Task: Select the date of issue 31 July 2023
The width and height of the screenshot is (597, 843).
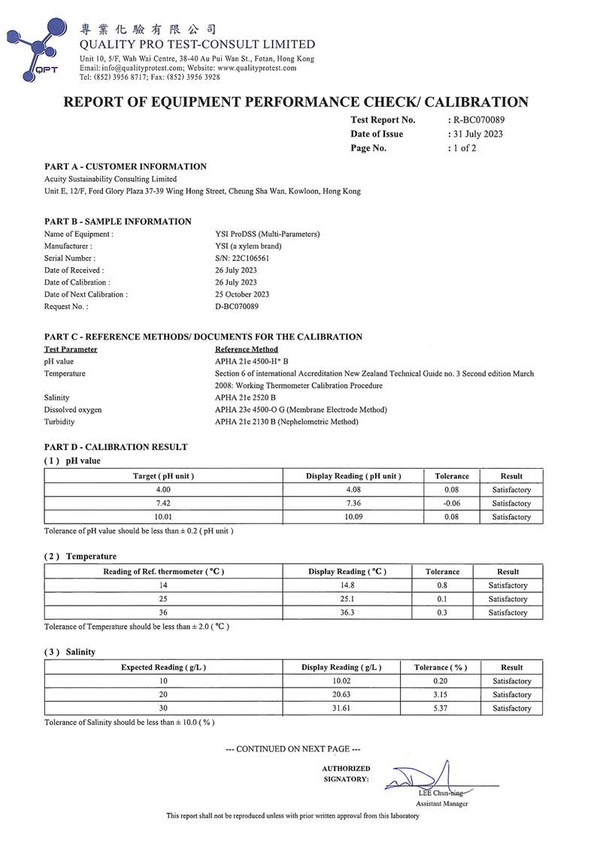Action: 477,134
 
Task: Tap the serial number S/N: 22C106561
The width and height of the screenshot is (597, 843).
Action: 242,258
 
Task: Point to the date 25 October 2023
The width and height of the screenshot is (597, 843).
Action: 242,294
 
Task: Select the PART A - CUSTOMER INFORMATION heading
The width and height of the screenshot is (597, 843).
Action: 126,166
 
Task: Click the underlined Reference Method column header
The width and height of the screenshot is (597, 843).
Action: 246,349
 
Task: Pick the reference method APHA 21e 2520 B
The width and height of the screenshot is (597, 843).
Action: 245,397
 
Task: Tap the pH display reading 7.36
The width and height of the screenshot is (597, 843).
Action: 353,503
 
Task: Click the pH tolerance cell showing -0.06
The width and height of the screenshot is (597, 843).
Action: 452,503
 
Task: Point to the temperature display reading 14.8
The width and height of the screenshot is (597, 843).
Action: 347,585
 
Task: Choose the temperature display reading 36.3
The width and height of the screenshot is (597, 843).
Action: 347,612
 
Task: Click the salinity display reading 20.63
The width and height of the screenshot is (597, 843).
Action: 341,694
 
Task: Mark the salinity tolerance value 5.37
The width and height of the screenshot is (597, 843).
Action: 441,708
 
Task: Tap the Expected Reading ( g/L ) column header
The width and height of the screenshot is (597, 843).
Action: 163,667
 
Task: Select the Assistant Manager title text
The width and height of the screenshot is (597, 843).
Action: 442,803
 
